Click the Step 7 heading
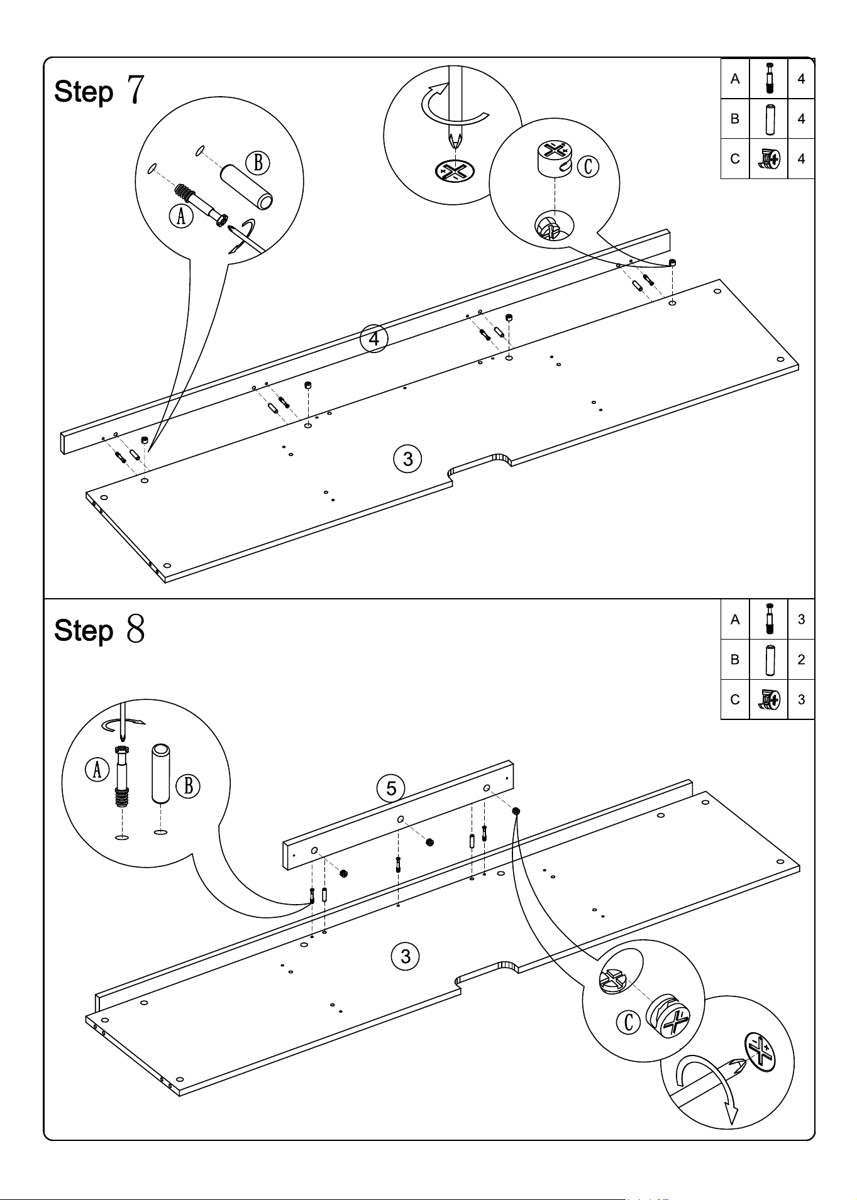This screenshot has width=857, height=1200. (99, 90)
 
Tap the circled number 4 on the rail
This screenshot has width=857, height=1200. (374, 339)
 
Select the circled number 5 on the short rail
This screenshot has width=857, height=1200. (391, 788)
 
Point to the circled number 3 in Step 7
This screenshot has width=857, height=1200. (407, 459)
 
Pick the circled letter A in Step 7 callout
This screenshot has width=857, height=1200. (181, 217)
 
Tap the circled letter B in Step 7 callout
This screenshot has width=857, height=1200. (258, 163)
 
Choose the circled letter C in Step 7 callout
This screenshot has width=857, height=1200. (588, 166)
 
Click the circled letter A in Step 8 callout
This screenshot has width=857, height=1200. (97, 769)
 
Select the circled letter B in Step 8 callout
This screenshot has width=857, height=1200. (188, 786)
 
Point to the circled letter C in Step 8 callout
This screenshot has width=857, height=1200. (628, 1022)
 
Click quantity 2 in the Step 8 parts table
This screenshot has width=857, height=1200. (801, 659)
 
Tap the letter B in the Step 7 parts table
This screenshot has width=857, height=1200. (735, 119)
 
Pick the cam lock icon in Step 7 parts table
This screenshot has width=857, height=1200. (769, 159)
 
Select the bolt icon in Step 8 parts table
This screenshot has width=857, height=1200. (769, 619)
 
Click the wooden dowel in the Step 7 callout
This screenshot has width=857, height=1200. (246, 187)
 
